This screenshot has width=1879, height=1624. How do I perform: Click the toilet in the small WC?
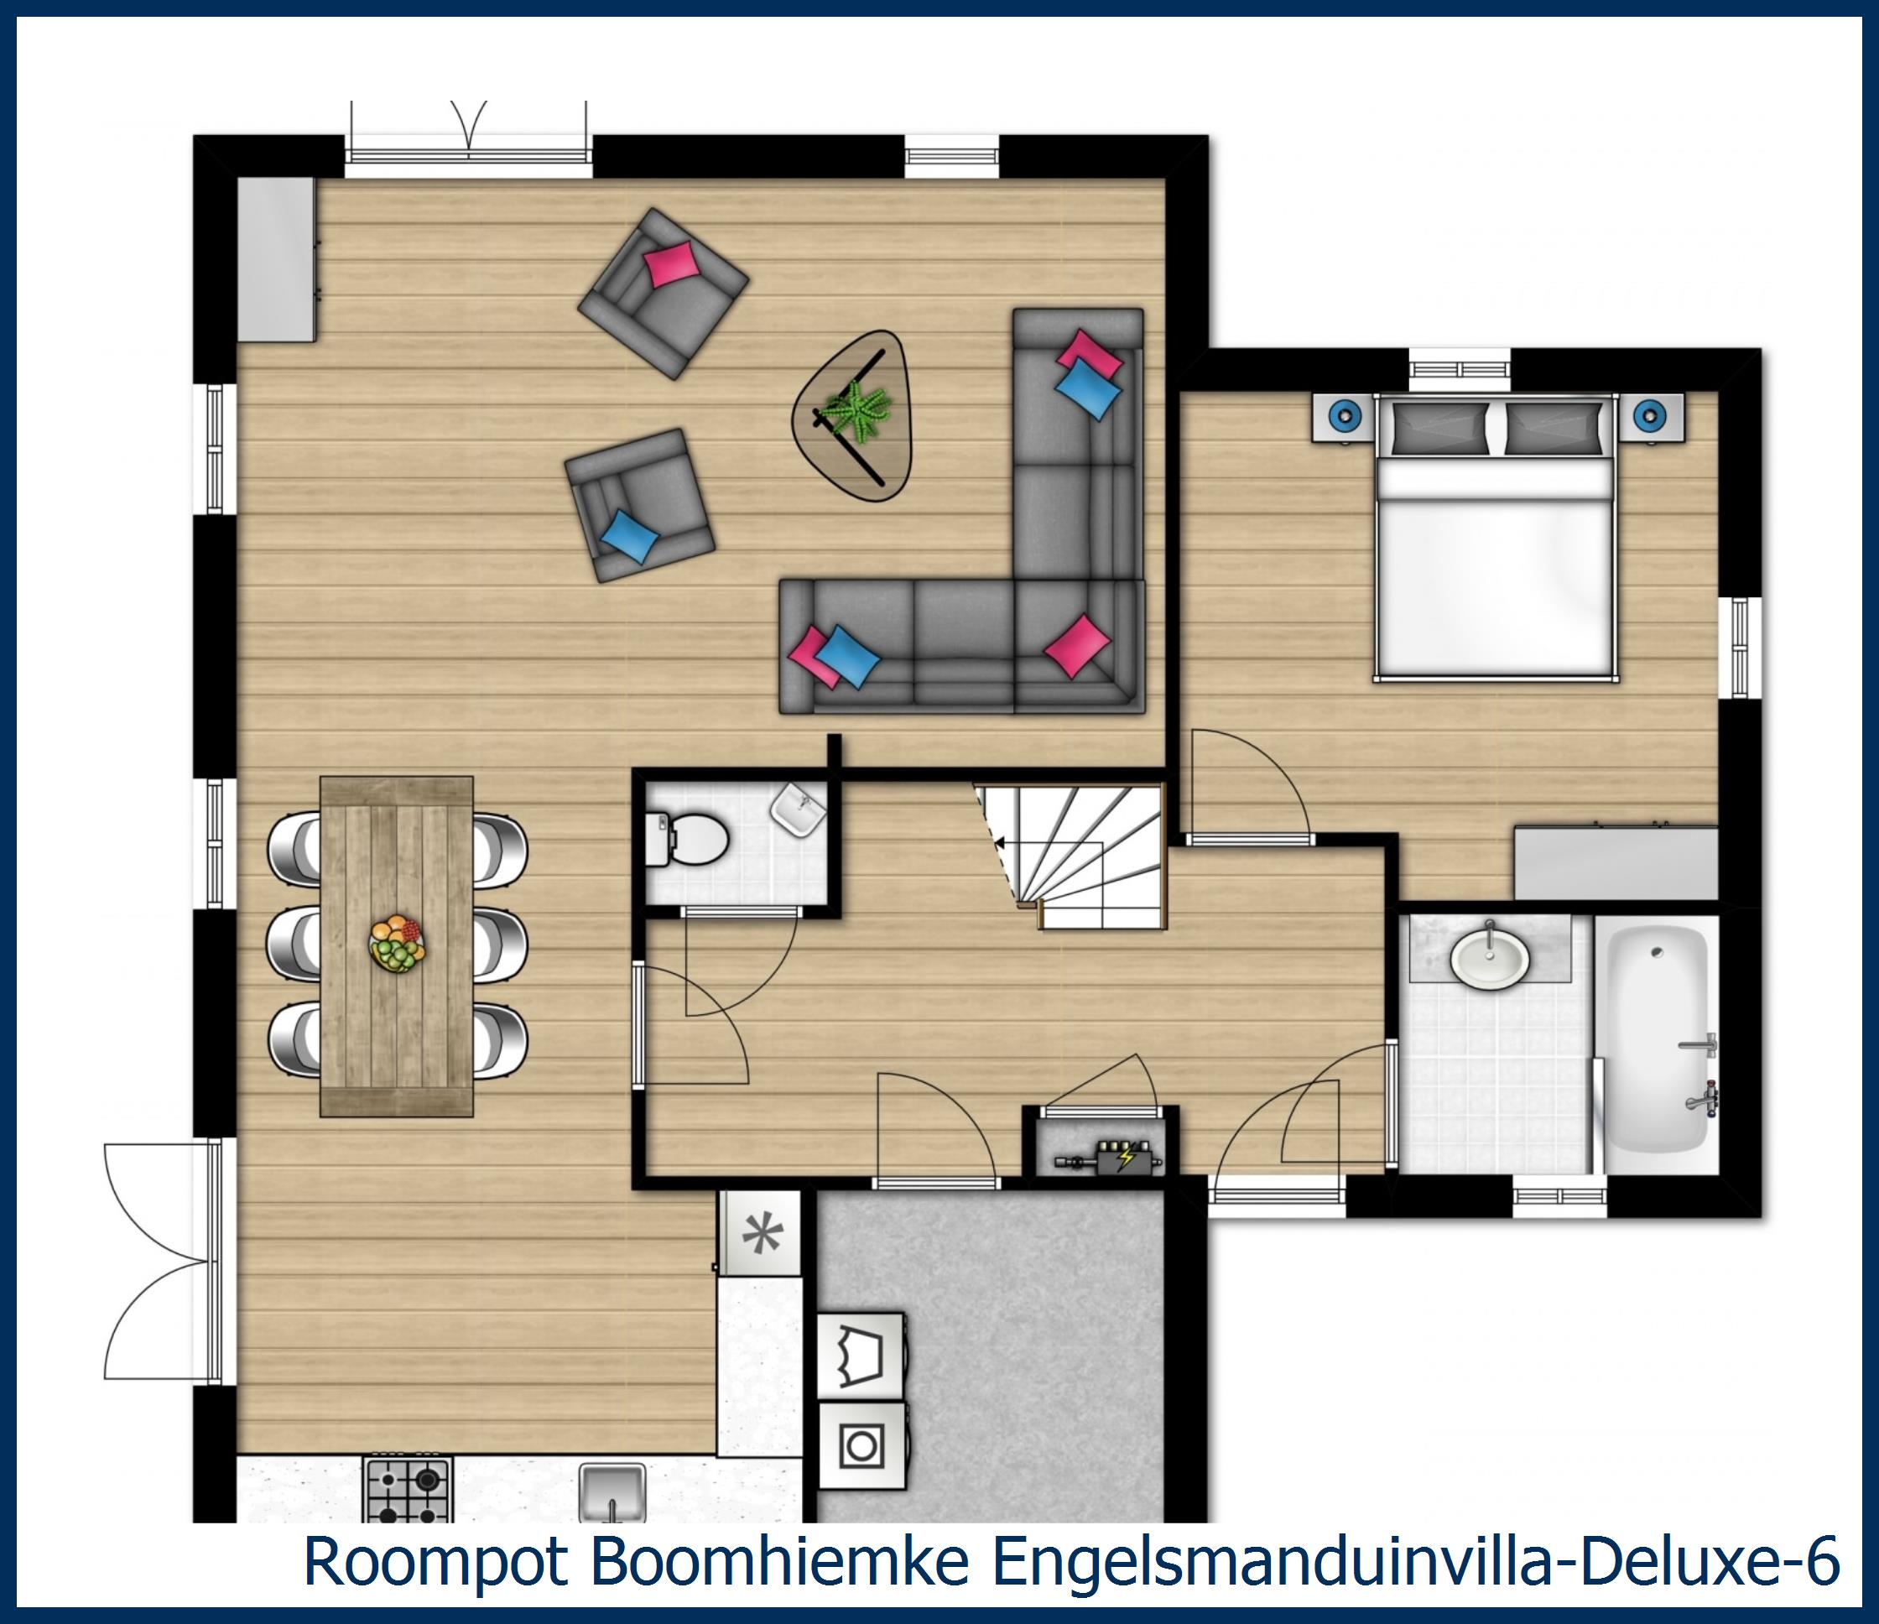click(x=695, y=838)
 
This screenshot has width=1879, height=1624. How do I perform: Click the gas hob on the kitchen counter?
click(x=407, y=1489)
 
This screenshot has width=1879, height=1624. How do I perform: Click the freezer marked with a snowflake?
click(x=761, y=1234)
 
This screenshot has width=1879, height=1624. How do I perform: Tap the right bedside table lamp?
click(x=1649, y=416)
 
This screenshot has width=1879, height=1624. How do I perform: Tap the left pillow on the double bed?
click(x=1439, y=427)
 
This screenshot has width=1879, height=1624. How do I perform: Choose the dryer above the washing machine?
click(x=861, y=1356)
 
